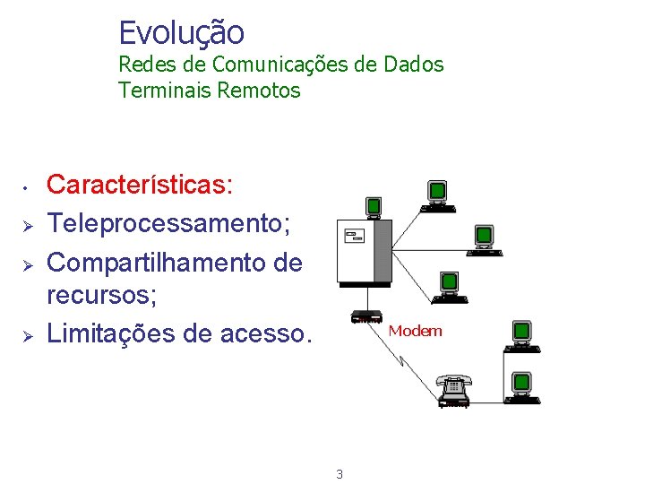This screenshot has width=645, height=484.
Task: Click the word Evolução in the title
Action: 181,33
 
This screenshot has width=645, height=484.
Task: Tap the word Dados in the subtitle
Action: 413,65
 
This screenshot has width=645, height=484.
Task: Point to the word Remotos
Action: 259,91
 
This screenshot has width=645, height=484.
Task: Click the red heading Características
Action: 139,185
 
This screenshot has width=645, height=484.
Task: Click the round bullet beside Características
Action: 27,187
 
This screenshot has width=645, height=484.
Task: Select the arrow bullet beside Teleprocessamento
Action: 27,224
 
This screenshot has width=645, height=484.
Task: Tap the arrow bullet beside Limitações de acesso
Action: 27,334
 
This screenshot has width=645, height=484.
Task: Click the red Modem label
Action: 415,331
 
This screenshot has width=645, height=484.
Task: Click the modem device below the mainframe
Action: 366,316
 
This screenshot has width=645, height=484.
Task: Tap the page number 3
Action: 339,473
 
